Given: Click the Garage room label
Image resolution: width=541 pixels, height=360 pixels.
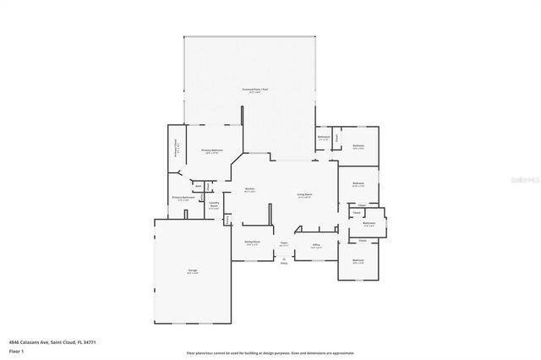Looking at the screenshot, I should pos(193,271).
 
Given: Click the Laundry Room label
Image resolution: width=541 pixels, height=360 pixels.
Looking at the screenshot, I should pos(214,205).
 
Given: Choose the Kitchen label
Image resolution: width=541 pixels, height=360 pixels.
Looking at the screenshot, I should pos(250,189).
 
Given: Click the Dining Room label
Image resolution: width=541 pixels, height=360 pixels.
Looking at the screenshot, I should pos(252,243).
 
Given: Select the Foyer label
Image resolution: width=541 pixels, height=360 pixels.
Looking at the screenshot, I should pos(285,243).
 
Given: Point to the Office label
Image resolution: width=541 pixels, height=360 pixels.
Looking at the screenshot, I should pos(315,246).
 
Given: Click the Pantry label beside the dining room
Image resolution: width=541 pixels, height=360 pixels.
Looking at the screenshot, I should pos(227,221).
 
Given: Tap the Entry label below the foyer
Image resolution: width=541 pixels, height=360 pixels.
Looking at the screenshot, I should pos(284,262).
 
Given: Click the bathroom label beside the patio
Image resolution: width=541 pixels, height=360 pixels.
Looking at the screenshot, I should pos(323,138).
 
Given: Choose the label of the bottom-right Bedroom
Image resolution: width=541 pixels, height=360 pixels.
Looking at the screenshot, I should pos(358,261).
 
